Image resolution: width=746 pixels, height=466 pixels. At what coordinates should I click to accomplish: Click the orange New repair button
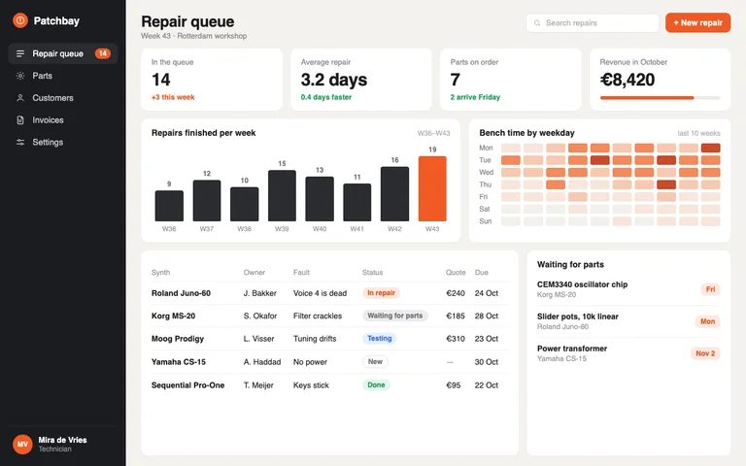click(x=697, y=23)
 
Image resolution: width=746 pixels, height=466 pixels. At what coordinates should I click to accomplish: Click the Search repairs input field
click(x=593, y=23)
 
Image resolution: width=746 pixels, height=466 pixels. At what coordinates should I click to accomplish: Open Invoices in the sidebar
click(x=48, y=119)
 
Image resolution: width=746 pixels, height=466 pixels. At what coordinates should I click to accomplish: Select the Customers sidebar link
click(x=52, y=98)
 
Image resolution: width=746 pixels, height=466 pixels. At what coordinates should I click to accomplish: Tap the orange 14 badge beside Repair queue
click(x=102, y=53)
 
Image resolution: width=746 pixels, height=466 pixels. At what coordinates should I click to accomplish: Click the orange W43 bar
click(x=432, y=188)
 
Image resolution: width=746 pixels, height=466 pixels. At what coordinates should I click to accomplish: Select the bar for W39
click(x=282, y=195)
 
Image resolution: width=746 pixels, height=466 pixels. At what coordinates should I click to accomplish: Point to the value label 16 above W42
click(x=394, y=160)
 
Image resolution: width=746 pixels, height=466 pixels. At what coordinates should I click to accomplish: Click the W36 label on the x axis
click(x=169, y=229)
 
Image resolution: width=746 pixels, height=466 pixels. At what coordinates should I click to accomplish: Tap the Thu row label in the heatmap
click(x=486, y=184)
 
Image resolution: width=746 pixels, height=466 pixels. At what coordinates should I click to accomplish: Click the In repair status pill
click(x=381, y=293)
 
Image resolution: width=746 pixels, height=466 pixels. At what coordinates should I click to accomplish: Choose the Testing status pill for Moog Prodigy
click(x=379, y=339)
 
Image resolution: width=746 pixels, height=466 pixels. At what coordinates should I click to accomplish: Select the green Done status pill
click(x=376, y=385)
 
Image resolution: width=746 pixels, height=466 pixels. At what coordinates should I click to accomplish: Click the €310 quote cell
click(x=456, y=339)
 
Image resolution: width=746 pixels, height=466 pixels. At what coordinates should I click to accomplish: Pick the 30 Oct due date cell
click(x=487, y=362)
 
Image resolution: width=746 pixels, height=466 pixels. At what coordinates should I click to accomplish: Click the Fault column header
click(x=301, y=273)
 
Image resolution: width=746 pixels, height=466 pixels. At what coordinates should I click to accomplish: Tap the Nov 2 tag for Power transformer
click(x=705, y=353)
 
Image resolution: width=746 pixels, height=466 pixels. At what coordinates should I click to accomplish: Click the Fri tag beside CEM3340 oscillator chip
click(x=710, y=289)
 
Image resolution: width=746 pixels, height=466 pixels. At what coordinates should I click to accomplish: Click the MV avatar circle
click(x=22, y=444)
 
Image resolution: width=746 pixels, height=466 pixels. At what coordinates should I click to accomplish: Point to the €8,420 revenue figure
click(x=627, y=80)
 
